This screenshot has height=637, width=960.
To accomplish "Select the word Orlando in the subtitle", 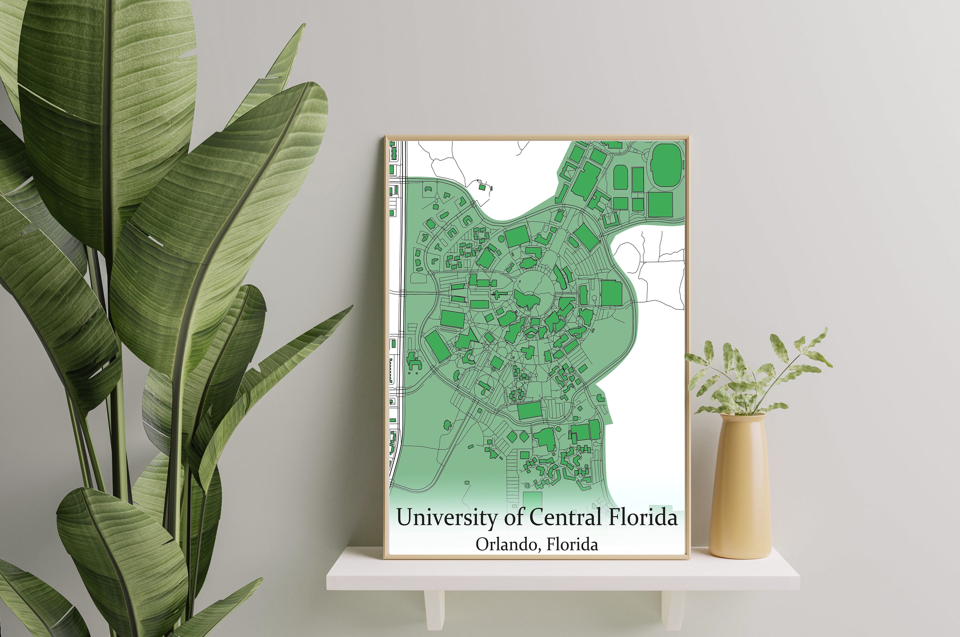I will coord(507,545).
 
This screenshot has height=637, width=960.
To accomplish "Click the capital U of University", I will coord(405,517).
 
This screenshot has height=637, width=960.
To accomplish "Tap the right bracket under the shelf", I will coord(673,609).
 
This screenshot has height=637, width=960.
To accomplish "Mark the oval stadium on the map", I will coord(667,165).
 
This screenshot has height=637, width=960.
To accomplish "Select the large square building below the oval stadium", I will coord(660,204).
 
